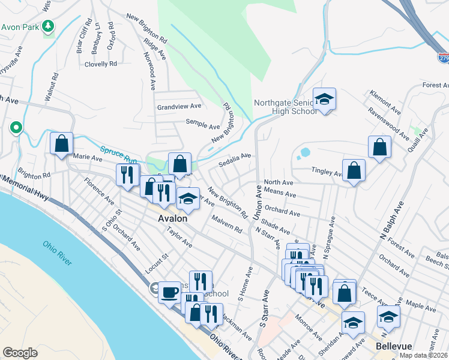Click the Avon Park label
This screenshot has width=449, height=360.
click(x=20, y=27)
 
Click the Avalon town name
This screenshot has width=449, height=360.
click(x=172, y=219)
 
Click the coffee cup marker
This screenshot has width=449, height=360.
click(x=170, y=292)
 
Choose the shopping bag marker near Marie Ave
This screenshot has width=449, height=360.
click(x=61, y=144)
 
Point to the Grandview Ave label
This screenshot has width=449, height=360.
click(x=179, y=107)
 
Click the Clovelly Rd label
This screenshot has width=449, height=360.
click(x=100, y=64)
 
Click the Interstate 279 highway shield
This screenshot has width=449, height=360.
click(x=444, y=58)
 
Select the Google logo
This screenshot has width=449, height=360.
click(x=20, y=353)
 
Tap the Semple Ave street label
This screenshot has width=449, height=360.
click(x=202, y=126)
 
